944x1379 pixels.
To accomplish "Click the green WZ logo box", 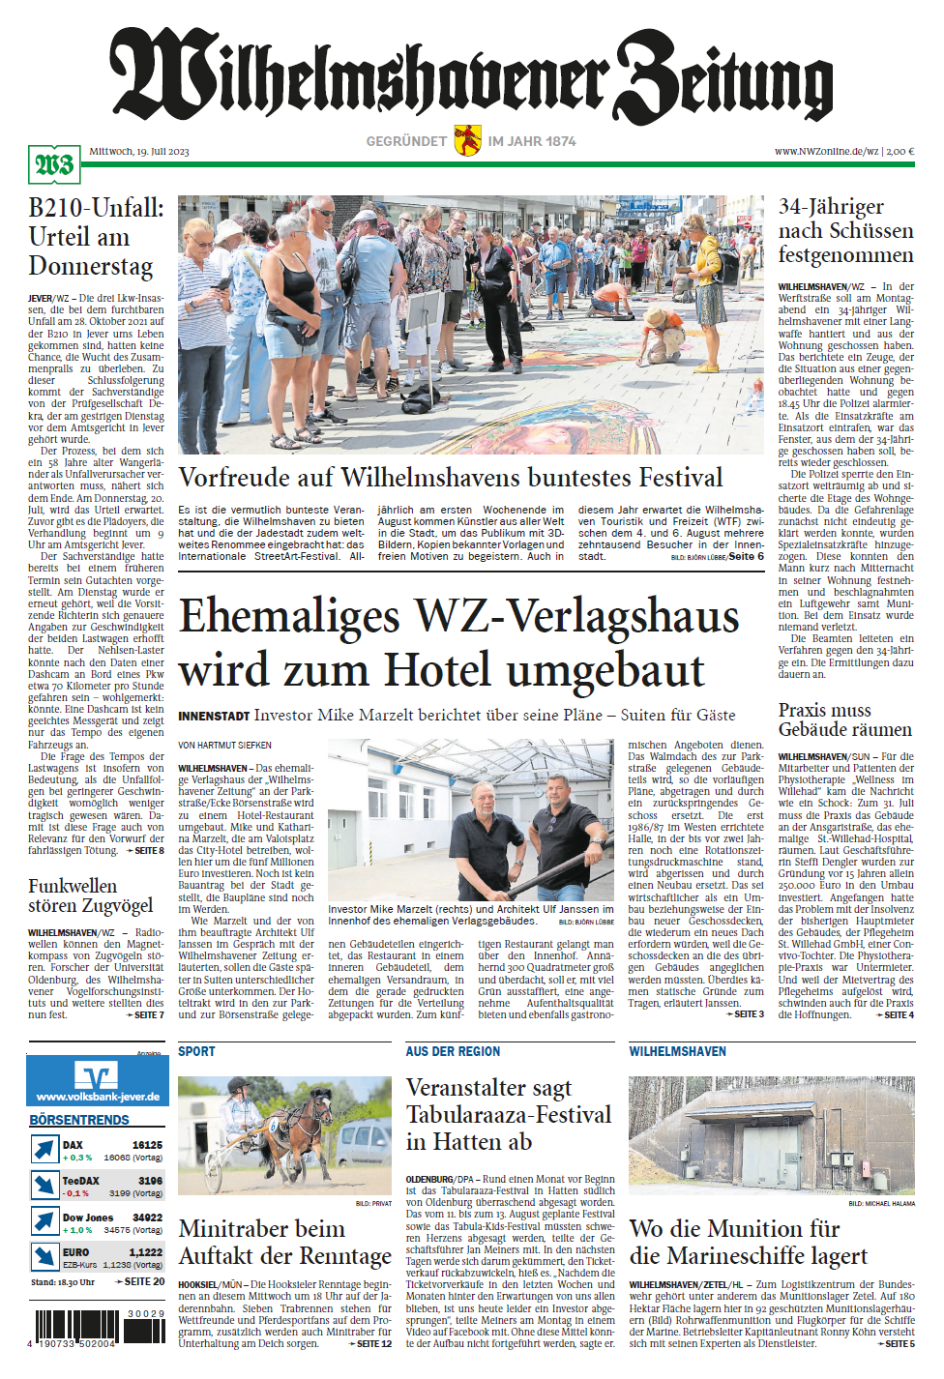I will tap(54, 165).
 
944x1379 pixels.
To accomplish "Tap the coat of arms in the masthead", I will tap(467, 140).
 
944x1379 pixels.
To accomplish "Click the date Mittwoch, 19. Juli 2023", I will tap(139, 151).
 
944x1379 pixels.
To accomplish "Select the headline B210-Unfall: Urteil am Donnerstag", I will tap(96, 237).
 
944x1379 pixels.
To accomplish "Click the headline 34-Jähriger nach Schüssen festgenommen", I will tap(845, 231).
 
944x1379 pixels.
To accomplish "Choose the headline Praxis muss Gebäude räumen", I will tap(844, 719).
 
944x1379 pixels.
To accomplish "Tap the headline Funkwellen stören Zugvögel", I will tap(91, 895).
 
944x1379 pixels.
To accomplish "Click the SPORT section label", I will tap(196, 1051).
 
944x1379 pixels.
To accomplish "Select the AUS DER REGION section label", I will tap(453, 1051).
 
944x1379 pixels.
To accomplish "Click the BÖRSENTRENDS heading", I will tap(79, 1120).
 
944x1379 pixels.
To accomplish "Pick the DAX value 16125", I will tap(147, 1145).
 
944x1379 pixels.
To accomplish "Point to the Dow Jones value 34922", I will tap(147, 1218).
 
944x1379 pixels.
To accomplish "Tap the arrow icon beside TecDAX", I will tap(44, 1185).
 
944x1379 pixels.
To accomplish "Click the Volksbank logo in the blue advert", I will tap(97, 1074).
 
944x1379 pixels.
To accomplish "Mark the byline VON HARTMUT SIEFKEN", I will tap(224, 746).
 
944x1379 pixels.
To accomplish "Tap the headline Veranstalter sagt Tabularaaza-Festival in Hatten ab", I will tap(508, 1115).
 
